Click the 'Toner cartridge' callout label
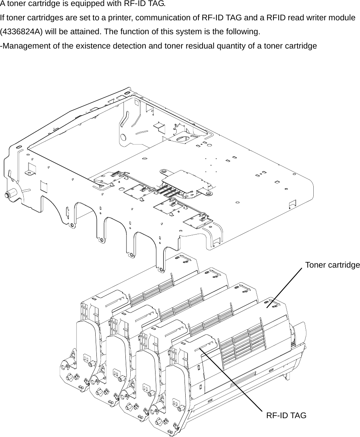(x=332, y=265)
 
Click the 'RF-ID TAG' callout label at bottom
(x=286, y=416)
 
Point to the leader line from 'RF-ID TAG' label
(x=233, y=380)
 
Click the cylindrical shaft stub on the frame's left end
(x=7, y=195)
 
